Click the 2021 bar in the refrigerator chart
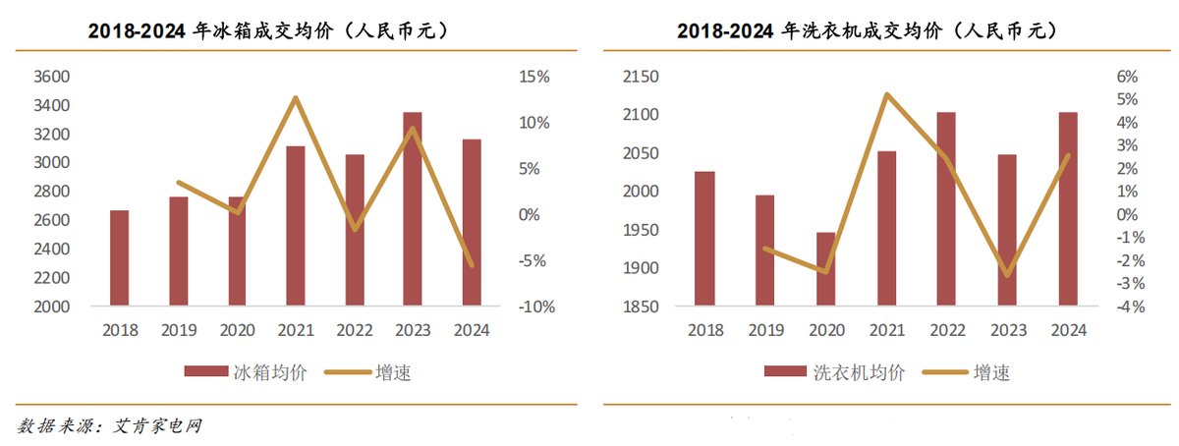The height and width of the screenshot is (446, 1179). coord(295,226)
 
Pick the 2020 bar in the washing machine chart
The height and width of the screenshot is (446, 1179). coord(826,269)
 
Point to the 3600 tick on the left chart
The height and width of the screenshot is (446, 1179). coord(53,77)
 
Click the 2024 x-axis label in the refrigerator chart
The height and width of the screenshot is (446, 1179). coord(472,330)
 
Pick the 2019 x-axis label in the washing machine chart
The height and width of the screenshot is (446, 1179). coord(765,330)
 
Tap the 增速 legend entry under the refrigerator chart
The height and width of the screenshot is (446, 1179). coord(368,372)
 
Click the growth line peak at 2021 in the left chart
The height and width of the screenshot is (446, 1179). coord(295,97)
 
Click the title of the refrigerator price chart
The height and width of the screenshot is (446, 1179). coord(269,31)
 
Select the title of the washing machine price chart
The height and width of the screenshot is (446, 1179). coord(867,31)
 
